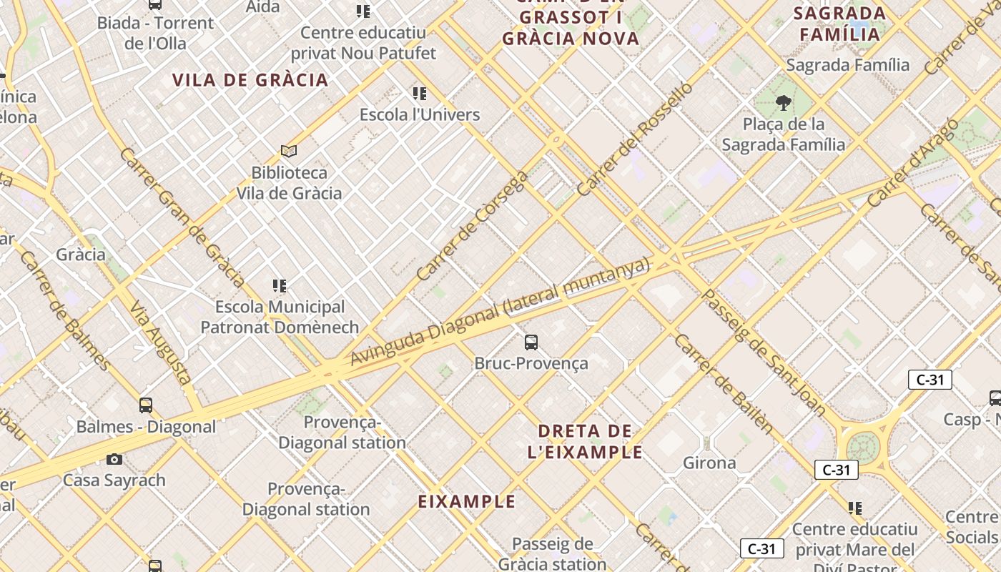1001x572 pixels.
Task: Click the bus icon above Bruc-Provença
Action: point(531,342)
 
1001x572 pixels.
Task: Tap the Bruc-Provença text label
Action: point(531,363)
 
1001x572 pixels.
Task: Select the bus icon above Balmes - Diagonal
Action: point(146,405)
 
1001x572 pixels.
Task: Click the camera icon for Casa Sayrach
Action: point(114,459)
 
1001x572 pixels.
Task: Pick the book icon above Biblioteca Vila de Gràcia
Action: point(289,151)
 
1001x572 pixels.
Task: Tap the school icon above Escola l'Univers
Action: point(420,93)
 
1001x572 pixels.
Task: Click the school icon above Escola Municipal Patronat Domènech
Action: point(280,286)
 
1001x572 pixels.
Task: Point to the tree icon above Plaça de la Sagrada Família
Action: point(783,103)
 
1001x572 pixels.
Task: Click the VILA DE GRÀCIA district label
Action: point(250,80)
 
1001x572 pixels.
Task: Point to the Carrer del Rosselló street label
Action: point(634,139)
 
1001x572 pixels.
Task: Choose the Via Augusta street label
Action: point(161,342)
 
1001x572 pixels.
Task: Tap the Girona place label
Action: point(709,463)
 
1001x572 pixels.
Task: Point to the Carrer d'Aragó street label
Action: point(912,164)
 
